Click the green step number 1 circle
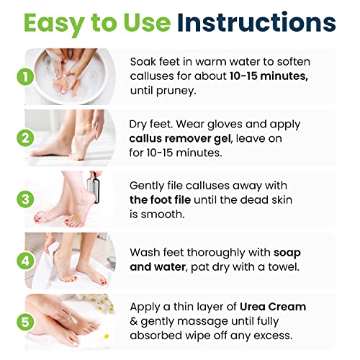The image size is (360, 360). tap(25, 77)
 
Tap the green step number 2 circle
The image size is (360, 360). tap(25, 138)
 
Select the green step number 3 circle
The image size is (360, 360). tap(25, 199)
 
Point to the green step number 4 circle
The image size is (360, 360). tap(25, 261)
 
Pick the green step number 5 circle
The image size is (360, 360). tap(25, 322)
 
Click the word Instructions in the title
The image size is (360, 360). tap(256, 22)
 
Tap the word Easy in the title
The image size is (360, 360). tap(54, 24)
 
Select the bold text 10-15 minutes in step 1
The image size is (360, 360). tap(269, 76)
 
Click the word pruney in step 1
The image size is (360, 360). tap(175, 91)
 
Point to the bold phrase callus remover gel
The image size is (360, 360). tap(181, 139)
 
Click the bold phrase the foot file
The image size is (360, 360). tap(161, 200)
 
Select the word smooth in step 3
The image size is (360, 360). tap(163, 215)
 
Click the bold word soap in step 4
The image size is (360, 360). tap(287, 253)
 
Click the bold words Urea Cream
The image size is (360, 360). tap(273, 307)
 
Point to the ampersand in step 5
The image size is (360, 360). tap(133, 321)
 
